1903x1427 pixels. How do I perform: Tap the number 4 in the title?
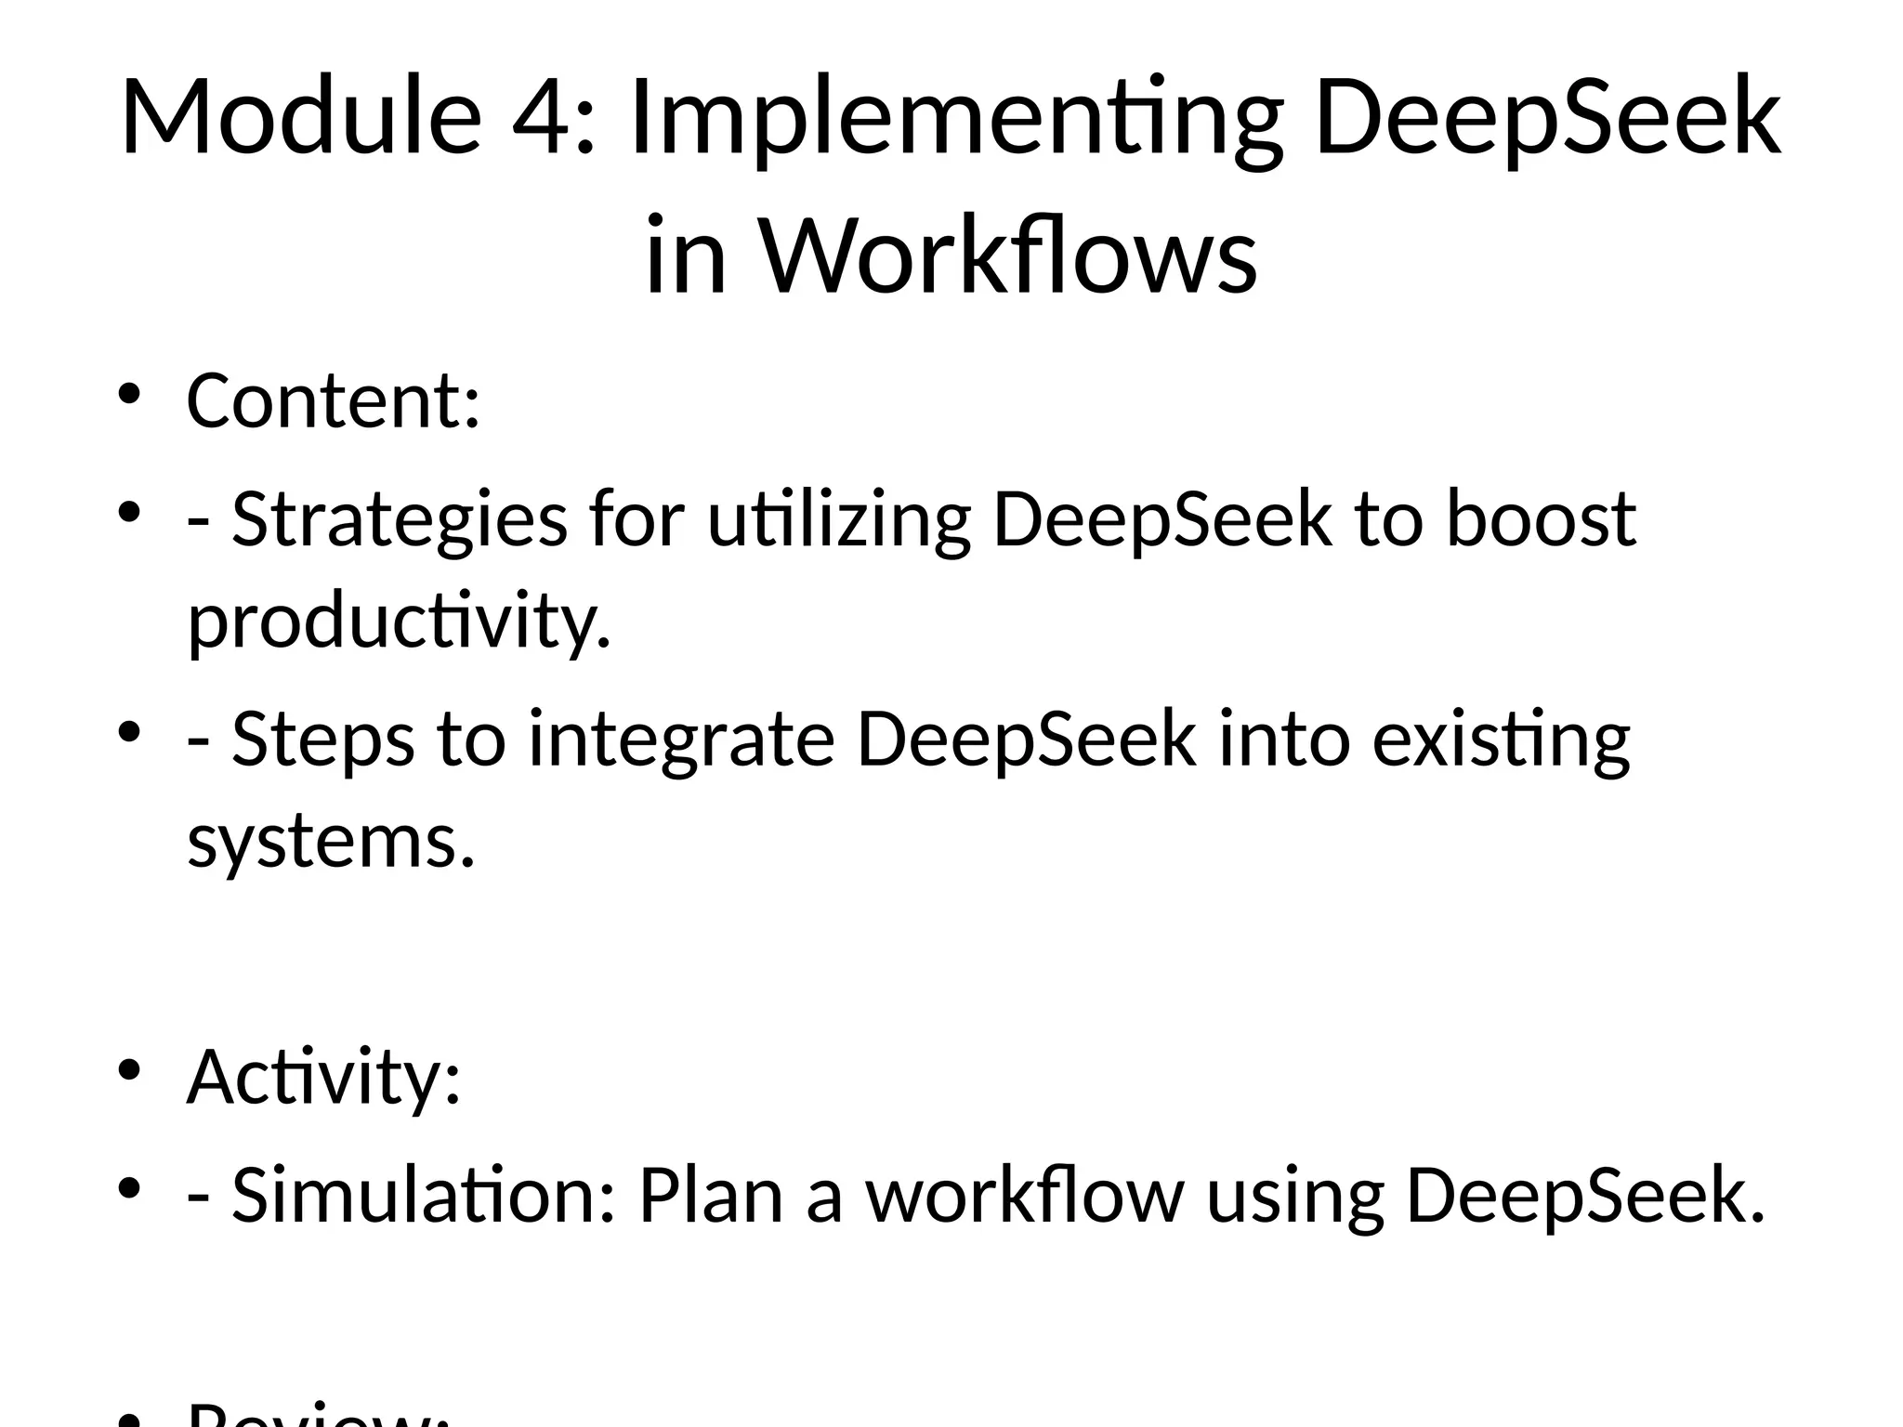(542, 118)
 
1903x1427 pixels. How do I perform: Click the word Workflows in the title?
(1009, 255)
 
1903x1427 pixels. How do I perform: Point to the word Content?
(334, 400)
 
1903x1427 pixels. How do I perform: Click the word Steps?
(322, 739)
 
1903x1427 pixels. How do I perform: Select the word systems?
(331, 841)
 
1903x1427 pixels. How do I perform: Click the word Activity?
(323, 1078)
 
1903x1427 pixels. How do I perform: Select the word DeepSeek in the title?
(1548, 118)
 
